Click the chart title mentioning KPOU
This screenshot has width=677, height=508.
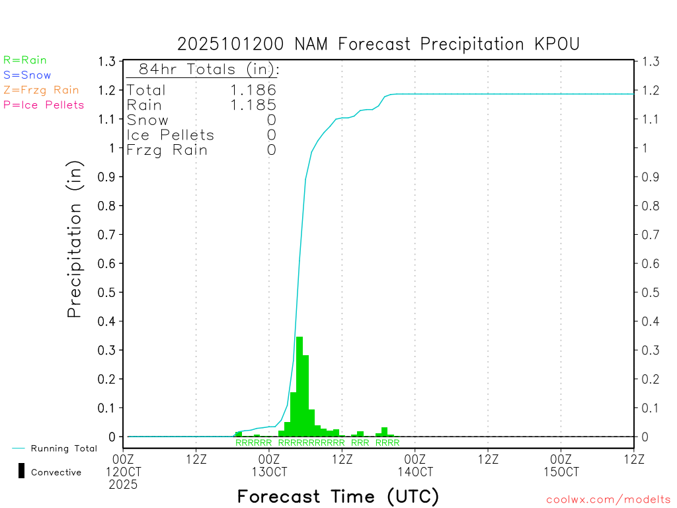(x=378, y=44)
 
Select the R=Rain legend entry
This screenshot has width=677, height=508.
(x=25, y=60)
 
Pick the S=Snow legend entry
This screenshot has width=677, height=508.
(x=27, y=75)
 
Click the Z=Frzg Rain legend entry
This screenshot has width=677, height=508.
(x=41, y=90)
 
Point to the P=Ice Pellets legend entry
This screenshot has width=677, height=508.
(x=44, y=105)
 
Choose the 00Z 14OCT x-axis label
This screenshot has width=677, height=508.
(x=415, y=465)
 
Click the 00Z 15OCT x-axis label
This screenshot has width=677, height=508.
(x=561, y=465)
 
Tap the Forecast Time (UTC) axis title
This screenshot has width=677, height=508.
(x=338, y=496)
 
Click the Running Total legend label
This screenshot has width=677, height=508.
(x=63, y=448)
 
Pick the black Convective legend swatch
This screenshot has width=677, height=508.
(x=22, y=471)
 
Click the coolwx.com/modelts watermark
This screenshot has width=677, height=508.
(x=608, y=500)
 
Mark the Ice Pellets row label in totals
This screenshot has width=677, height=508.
(x=171, y=135)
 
